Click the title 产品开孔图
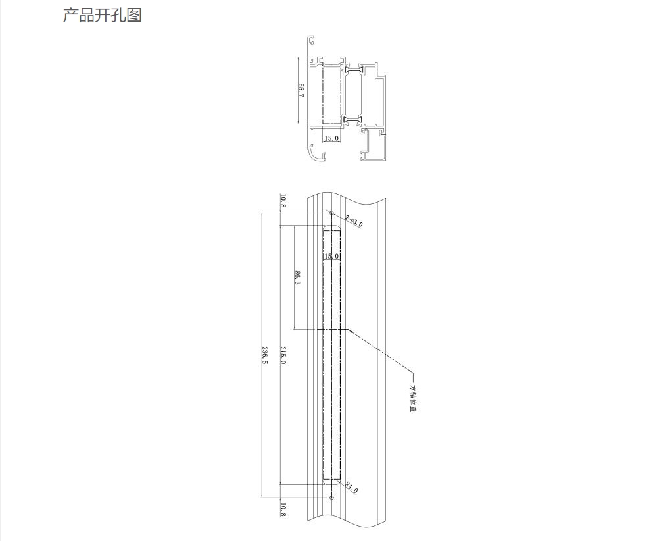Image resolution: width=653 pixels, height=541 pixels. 102,15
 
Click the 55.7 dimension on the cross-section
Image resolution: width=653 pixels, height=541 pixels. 301,91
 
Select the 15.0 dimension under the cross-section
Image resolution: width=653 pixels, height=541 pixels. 331,138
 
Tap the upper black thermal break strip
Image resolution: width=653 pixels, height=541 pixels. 354,69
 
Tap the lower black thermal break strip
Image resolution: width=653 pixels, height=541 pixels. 354,119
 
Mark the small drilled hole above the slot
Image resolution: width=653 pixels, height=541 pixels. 332,213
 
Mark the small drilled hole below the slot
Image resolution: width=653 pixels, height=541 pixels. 332,498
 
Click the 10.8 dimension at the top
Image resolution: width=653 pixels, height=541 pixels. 283,201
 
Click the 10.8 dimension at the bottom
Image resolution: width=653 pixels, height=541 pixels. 283,510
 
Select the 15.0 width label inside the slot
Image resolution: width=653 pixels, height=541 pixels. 331,255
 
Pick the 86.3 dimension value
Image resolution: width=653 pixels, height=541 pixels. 298,278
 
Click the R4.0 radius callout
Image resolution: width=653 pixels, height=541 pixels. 351,488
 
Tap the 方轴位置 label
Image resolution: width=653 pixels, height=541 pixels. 414,398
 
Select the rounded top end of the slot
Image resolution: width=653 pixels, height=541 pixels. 332,228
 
